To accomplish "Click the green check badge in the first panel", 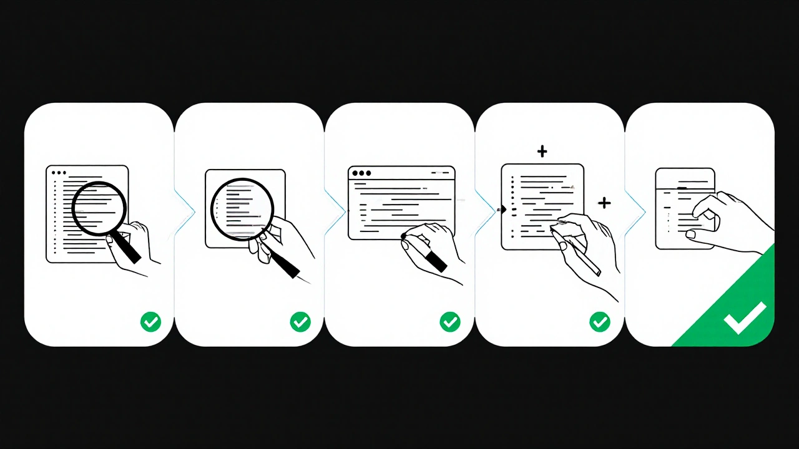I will [150, 322].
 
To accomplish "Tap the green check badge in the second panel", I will [300, 322].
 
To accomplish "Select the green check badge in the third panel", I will [450, 322].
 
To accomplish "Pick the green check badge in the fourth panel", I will [600, 322].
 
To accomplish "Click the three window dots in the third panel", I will [361, 173].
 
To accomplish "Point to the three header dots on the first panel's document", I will [59, 173].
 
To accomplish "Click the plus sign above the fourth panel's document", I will [542, 151].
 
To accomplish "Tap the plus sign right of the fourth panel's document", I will [604, 202].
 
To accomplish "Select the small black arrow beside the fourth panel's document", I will [501, 210].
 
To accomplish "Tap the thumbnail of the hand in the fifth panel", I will [691, 234].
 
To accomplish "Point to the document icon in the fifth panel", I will [684, 208].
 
